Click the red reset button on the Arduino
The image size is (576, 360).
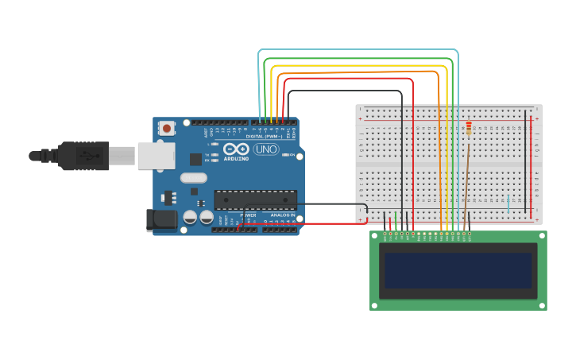point(166,128)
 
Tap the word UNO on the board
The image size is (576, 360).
point(265,149)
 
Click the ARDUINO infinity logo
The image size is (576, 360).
point(236,149)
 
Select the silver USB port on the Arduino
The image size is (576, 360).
point(156,156)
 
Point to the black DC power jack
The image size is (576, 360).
point(162,219)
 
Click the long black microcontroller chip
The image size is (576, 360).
point(255,200)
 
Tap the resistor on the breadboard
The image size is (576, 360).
point(469,128)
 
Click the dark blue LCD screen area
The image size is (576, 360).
point(458,270)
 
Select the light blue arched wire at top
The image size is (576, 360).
point(358,50)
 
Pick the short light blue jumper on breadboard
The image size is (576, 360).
point(508,203)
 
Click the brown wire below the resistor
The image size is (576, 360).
point(466,179)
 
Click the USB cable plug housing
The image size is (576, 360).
point(83,156)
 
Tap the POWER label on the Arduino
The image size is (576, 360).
point(248,215)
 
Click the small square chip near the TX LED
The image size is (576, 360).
point(195,159)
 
